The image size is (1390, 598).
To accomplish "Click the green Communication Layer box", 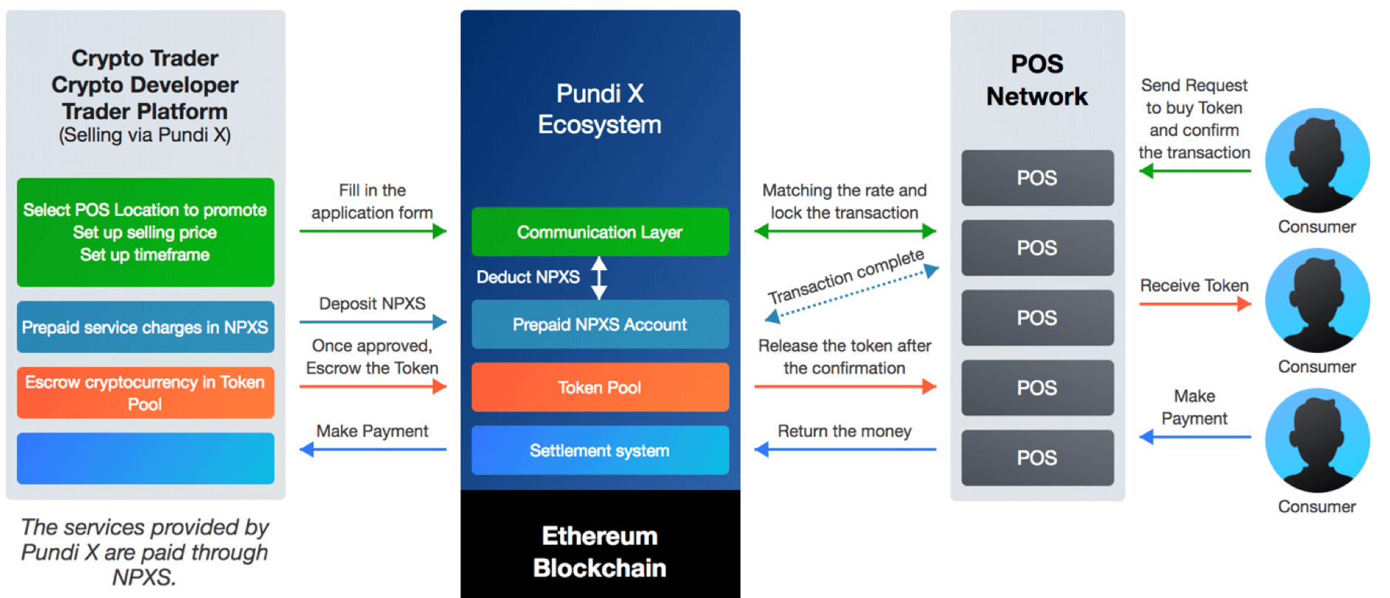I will point(600,232).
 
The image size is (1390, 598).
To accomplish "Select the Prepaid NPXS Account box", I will point(600,324).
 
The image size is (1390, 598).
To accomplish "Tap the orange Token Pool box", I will point(600,387).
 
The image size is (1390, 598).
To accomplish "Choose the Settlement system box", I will point(600,450).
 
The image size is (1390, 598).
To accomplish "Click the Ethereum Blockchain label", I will point(600,551).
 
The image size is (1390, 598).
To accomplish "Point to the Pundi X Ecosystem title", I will point(600,109).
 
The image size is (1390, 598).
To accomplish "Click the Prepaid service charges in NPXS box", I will point(145,327).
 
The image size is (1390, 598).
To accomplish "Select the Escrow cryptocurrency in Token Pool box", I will point(145,393).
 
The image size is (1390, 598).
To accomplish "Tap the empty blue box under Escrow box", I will point(145,458).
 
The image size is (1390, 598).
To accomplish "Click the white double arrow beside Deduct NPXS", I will point(599,278).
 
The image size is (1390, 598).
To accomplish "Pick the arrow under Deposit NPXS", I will point(372,322).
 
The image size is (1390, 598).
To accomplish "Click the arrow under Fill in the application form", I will point(372,232).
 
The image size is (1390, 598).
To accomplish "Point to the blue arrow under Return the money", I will point(845,449).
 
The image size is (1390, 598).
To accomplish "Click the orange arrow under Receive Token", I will point(1195,303).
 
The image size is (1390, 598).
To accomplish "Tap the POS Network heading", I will point(1037,80).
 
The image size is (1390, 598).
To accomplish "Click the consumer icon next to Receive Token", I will point(1317,300).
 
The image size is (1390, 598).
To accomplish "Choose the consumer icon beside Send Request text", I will point(1317,161).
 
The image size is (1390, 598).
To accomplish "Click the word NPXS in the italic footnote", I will point(144,577).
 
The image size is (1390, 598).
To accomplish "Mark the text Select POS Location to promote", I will point(145,209).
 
